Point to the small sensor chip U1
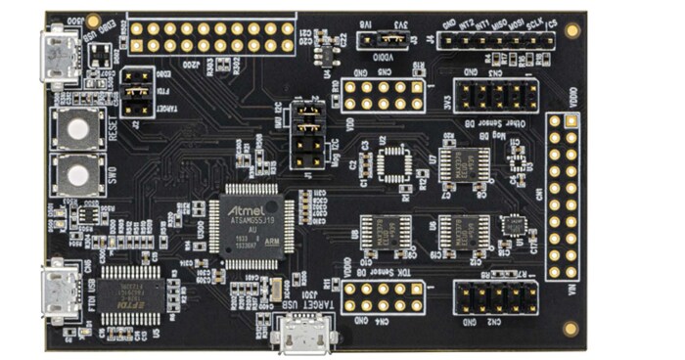(514, 226)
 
